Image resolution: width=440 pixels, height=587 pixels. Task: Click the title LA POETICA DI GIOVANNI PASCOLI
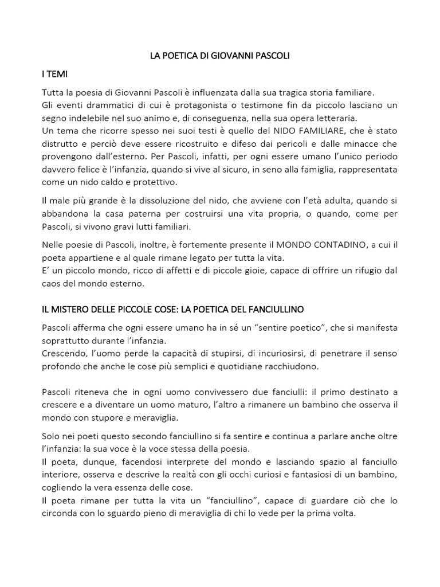[219, 56]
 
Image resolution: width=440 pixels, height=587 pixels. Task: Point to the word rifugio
[359, 270]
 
